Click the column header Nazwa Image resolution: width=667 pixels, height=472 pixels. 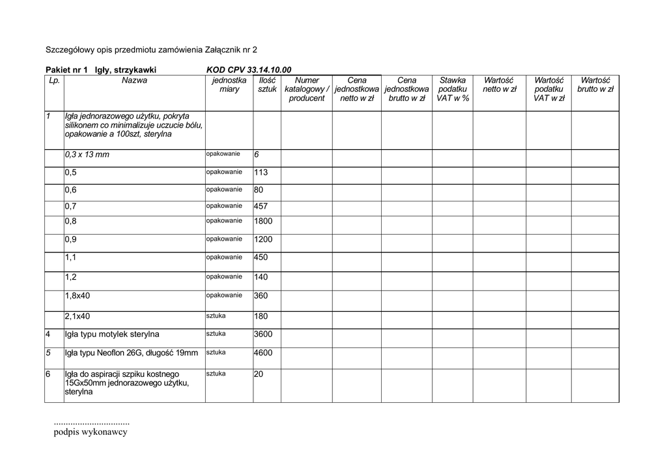pyautogui.click(x=134, y=81)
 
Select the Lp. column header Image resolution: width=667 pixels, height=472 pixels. pyautogui.click(x=53, y=81)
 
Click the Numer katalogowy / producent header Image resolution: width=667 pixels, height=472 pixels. pyautogui.click(x=306, y=89)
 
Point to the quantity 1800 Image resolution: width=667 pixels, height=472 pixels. pyautogui.click(x=263, y=222)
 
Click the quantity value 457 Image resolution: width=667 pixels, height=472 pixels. pyautogui.click(x=261, y=206)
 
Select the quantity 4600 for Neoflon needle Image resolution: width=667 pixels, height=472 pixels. pyautogui.click(x=263, y=353)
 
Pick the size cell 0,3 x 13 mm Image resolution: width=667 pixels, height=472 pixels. pyautogui.click(x=87, y=155)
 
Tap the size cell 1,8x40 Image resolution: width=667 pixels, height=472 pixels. pyautogui.click(x=78, y=296)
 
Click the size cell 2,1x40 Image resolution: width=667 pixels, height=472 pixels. pyautogui.click(x=78, y=317)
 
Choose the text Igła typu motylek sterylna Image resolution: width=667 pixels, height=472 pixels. pyautogui.click(x=112, y=335)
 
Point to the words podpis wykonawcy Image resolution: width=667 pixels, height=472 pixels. pyautogui.click(x=91, y=432)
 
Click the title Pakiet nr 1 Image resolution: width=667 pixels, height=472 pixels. pyautogui.click(x=66, y=70)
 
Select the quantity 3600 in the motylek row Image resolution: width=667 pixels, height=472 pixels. pyautogui.click(x=263, y=334)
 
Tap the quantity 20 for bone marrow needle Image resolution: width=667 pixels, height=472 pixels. pyautogui.click(x=259, y=374)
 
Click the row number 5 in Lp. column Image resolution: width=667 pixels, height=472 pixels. pyautogui.click(x=48, y=353)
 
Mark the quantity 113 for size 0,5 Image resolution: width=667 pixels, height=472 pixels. pyautogui.click(x=261, y=173)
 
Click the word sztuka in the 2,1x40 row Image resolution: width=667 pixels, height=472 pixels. pyautogui.click(x=216, y=316)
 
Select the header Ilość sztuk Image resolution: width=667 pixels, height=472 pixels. pyautogui.click(x=267, y=85)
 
